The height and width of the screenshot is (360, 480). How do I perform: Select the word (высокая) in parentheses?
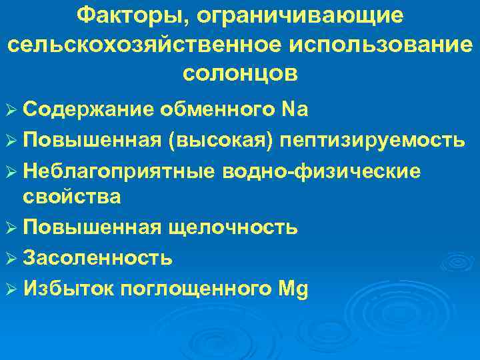tap(224, 141)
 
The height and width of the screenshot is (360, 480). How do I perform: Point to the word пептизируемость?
tap(373, 141)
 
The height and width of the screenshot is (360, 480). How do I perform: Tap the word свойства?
tap(72, 197)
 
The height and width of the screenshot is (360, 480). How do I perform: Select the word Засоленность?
tap(98, 258)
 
